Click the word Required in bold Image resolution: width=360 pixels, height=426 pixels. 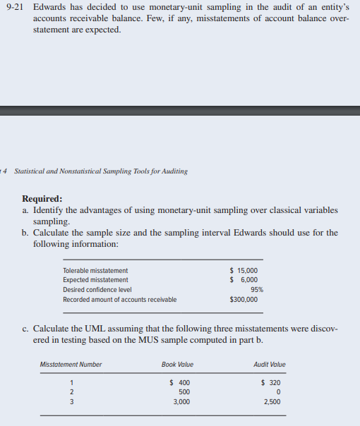click(42, 199)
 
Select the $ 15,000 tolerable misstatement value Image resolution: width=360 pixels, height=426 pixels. click(244, 270)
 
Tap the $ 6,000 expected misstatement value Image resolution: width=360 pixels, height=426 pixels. click(244, 280)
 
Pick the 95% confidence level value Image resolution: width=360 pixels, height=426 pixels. click(257, 289)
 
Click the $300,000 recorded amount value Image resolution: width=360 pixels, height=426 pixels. click(244, 299)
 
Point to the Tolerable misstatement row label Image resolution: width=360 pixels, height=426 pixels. click(95, 271)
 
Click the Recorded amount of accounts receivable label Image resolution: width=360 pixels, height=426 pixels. click(120, 300)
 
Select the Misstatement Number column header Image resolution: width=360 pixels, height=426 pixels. click(71, 365)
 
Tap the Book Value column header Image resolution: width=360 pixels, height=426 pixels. click(177, 365)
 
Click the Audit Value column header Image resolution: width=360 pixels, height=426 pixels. click(269, 365)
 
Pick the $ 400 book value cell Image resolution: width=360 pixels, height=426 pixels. click(179, 383)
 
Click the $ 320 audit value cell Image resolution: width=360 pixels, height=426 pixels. click(272, 383)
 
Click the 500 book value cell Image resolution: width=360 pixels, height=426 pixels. click(184, 392)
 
